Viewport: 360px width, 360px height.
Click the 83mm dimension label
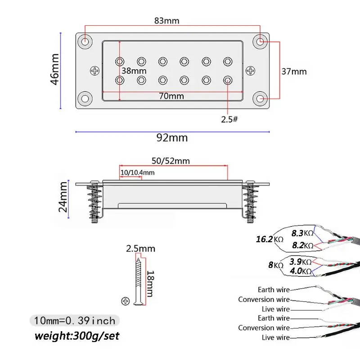(x=166, y=21)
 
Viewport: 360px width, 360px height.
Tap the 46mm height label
(x=55, y=69)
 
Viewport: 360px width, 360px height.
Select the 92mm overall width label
(x=172, y=138)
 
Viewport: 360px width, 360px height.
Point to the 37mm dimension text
(x=294, y=72)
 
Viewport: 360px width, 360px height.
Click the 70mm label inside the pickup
(x=171, y=96)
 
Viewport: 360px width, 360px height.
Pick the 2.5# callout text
(x=229, y=119)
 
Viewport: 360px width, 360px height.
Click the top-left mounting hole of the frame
(x=85, y=41)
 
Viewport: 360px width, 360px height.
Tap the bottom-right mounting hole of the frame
(x=260, y=99)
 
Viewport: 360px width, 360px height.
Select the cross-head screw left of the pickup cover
(x=94, y=71)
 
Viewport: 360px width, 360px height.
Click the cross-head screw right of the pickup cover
(x=250, y=71)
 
